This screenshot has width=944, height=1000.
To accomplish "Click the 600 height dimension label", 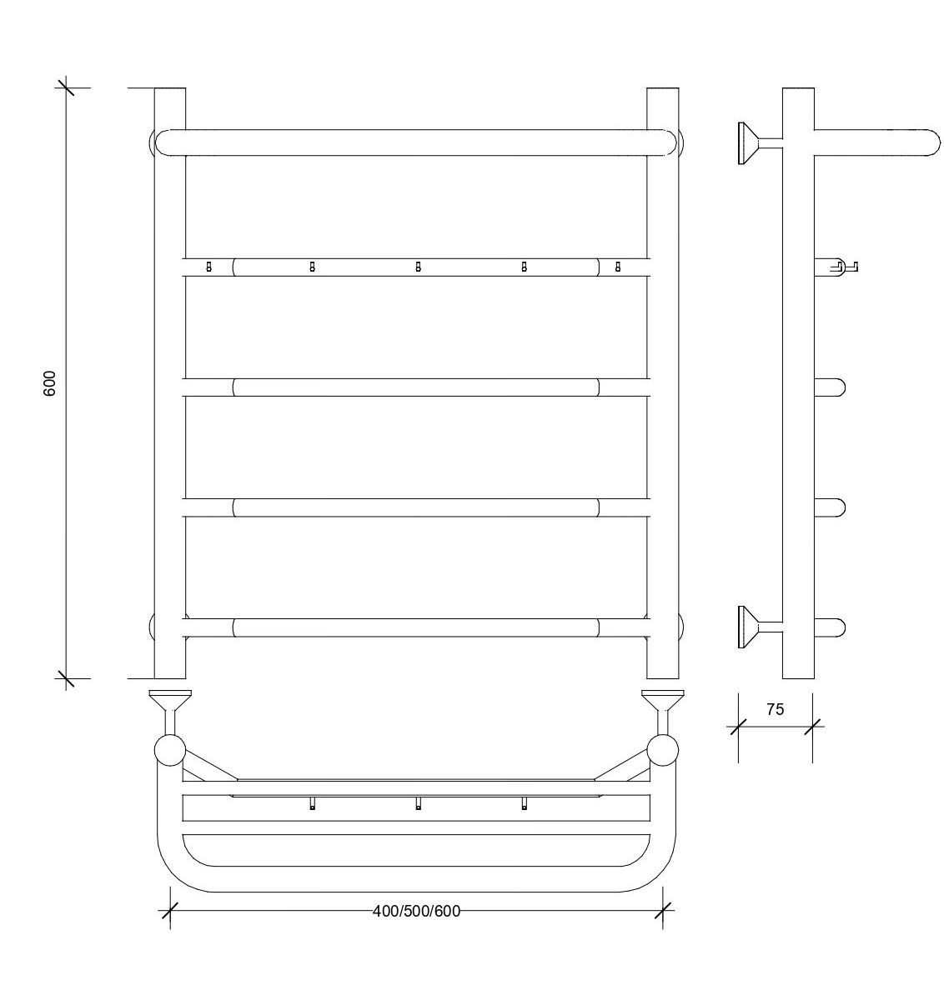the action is click(x=50, y=383).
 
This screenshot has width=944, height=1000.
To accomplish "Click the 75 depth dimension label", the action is click(x=776, y=709).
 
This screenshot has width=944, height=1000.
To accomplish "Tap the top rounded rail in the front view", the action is click(x=416, y=142).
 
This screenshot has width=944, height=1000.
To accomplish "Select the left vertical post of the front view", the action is click(x=170, y=383).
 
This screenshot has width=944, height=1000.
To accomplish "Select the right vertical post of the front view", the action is click(x=663, y=383).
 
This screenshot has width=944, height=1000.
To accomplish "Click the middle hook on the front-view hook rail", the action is click(x=418, y=267).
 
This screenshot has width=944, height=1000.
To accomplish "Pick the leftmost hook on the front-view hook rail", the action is click(x=209, y=267).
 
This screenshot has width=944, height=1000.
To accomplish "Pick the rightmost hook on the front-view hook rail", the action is click(x=618, y=267).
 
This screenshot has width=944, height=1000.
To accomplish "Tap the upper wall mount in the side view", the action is click(x=760, y=143).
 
